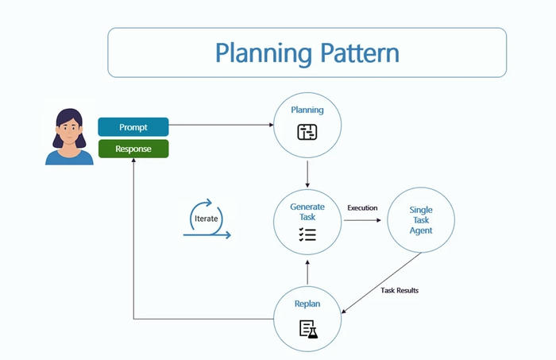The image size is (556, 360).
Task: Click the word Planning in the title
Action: [x=261, y=53]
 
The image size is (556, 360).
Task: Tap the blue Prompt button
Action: [x=133, y=127]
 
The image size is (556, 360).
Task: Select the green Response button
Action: [x=133, y=148]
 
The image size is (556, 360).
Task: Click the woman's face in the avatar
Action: [x=68, y=127]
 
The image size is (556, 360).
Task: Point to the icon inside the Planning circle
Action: [x=307, y=132]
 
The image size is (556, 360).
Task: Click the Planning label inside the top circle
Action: [x=307, y=110]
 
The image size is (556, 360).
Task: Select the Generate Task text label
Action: [x=307, y=212]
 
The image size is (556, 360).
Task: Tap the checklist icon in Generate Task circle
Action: [x=307, y=234]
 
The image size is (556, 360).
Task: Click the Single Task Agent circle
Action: [x=421, y=220]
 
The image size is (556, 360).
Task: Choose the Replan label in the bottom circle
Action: [x=307, y=304]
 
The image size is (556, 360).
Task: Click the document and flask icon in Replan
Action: [x=307, y=327]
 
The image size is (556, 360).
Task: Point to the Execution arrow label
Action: [x=362, y=208]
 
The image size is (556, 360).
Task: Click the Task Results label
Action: [x=399, y=291]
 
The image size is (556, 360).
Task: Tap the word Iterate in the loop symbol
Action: [x=206, y=218]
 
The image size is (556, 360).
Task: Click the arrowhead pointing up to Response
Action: [x=133, y=162]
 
